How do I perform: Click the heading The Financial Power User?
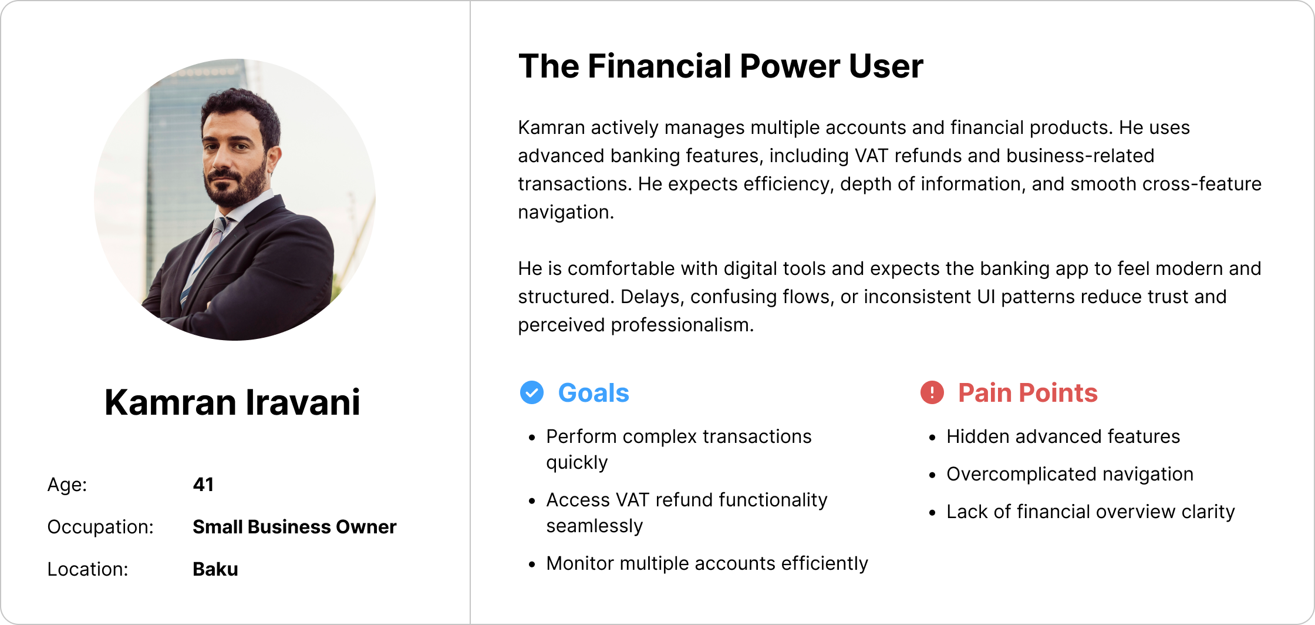coord(721,66)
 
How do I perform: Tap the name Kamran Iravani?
coord(232,402)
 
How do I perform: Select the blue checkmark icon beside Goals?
coord(532,392)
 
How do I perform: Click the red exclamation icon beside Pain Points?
coord(932,392)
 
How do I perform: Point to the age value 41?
coord(203,485)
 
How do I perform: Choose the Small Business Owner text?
coord(295,527)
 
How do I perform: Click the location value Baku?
coord(215,569)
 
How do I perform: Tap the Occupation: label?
coord(100,527)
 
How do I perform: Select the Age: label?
coord(68,485)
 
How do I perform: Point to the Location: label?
coord(88,569)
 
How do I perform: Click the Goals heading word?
coord(594,393)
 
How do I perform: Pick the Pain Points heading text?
coord(1028,393)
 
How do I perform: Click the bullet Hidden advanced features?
coord(1063,436)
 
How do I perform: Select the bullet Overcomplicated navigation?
coord(1070,474)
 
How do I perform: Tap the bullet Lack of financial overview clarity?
coord(1091,512)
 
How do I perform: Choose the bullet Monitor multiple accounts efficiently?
coord(707,563)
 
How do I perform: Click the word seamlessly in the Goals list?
coord(595,526)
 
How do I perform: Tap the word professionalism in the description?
coord(682,325)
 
